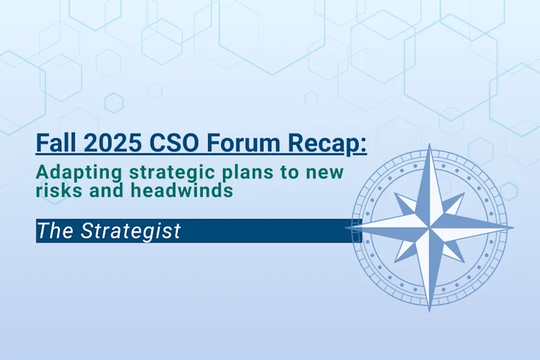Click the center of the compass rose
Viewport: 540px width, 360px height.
click(430, 228)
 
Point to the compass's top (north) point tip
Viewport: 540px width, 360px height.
click(430, 145)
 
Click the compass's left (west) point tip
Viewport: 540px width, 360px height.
click(346, 228)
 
